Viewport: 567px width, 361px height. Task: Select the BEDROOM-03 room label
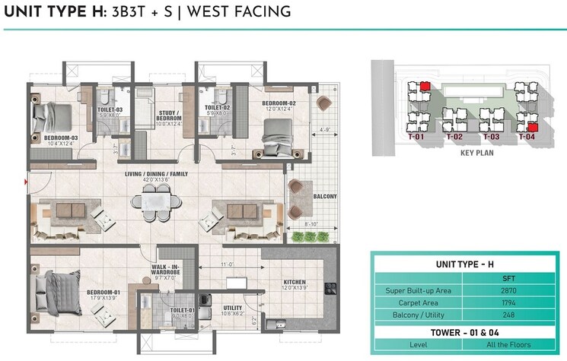(49, 138)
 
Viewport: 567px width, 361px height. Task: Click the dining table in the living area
(157, 202)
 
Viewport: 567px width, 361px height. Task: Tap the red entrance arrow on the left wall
(27, 182)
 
